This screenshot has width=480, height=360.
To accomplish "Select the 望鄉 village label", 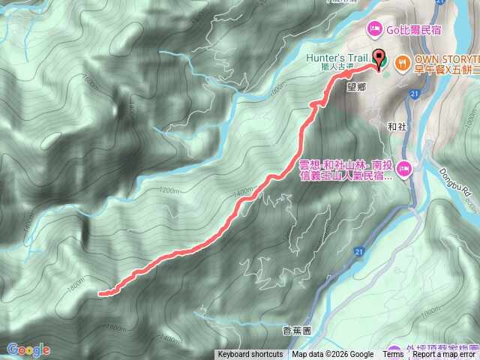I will (356, 87).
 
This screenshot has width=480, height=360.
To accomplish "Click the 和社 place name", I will (398, 127).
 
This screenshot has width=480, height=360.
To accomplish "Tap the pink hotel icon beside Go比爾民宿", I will (373, 29).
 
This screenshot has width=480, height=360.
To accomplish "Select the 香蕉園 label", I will (296, 329).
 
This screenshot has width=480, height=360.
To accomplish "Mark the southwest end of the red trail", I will (101, 294).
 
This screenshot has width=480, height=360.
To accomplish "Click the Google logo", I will (28, 349).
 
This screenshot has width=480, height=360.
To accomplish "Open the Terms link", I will (393, 355).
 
